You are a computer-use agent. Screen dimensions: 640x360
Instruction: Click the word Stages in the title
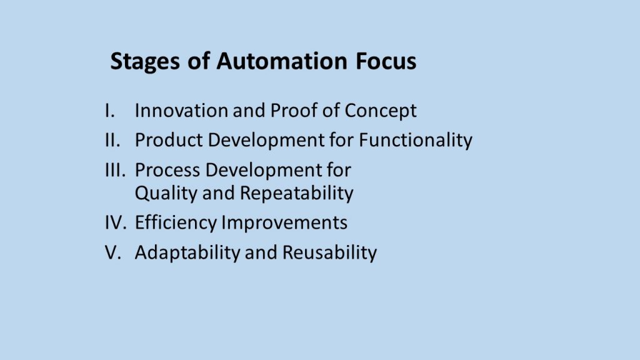(145, 62)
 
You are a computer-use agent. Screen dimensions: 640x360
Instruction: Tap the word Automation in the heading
(282, 61)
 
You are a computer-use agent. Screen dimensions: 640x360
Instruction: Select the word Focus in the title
(386, 61)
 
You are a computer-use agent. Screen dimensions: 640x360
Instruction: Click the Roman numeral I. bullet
(110, 111)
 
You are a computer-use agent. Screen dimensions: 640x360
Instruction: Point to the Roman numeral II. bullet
(112, 140)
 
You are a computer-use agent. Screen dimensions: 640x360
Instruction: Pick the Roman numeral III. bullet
(116, 170)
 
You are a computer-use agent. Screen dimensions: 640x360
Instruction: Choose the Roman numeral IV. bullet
(116, 222)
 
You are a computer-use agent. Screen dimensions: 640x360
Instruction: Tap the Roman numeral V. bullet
(113, 252)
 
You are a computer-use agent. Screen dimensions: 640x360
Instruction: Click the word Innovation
(181, 111)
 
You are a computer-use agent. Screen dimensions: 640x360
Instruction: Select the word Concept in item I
(381, 111)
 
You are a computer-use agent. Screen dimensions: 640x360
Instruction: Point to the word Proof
(294, 111)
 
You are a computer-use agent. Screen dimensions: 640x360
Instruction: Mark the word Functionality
(416, 141)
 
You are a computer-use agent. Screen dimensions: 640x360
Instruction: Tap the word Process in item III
(167, 170)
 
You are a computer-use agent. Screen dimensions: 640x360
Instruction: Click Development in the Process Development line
(264, 171)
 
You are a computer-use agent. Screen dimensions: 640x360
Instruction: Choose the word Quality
(166, 194)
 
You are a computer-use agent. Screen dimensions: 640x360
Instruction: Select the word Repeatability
(297, 194)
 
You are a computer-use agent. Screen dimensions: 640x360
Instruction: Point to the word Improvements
(284, 223)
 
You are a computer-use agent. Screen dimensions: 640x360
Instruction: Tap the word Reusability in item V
(330, 253)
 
